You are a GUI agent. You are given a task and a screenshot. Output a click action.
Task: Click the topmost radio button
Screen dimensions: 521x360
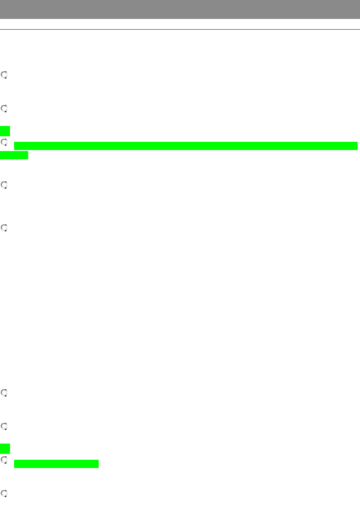(4, 75)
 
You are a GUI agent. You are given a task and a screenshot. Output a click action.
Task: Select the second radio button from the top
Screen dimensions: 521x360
(4, 108)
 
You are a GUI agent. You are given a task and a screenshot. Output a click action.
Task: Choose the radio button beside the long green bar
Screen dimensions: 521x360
(4, 142)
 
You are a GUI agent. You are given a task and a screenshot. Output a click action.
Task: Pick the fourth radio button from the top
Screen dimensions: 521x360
(4, 185)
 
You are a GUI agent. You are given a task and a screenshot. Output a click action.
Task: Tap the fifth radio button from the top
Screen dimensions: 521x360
(4, 227)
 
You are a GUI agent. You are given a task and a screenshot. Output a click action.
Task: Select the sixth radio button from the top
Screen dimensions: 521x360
(4, 393)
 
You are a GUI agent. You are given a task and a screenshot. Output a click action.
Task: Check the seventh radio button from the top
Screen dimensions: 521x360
(4, 426)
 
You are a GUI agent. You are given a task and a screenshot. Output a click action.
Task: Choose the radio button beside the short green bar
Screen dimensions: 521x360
(4, 460)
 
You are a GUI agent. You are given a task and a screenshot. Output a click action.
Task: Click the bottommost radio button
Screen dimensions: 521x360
(4, 493)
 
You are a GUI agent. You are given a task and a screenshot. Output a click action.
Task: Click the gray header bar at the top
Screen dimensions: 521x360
(180, 9)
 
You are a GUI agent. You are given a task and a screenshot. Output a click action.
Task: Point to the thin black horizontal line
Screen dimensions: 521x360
(180, 29)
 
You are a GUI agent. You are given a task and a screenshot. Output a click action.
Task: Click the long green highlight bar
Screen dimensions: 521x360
(186, 146)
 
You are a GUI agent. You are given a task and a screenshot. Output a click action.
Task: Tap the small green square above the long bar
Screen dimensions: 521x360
(5, 131)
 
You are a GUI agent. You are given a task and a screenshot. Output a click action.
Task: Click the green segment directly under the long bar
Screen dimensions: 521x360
(14, 156)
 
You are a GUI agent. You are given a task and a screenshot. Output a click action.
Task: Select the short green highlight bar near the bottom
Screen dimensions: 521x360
(56, 464)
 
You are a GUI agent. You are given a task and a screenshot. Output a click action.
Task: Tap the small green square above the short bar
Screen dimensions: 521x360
(5, 449)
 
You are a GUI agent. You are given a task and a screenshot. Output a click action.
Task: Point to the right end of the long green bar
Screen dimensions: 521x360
(356, 146)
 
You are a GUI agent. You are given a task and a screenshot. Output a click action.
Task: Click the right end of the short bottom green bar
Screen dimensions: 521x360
(97, 464)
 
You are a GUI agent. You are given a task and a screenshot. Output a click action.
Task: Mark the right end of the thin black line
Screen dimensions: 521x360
(359, 29)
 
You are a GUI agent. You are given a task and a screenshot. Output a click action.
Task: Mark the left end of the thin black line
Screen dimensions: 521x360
(1, 29)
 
